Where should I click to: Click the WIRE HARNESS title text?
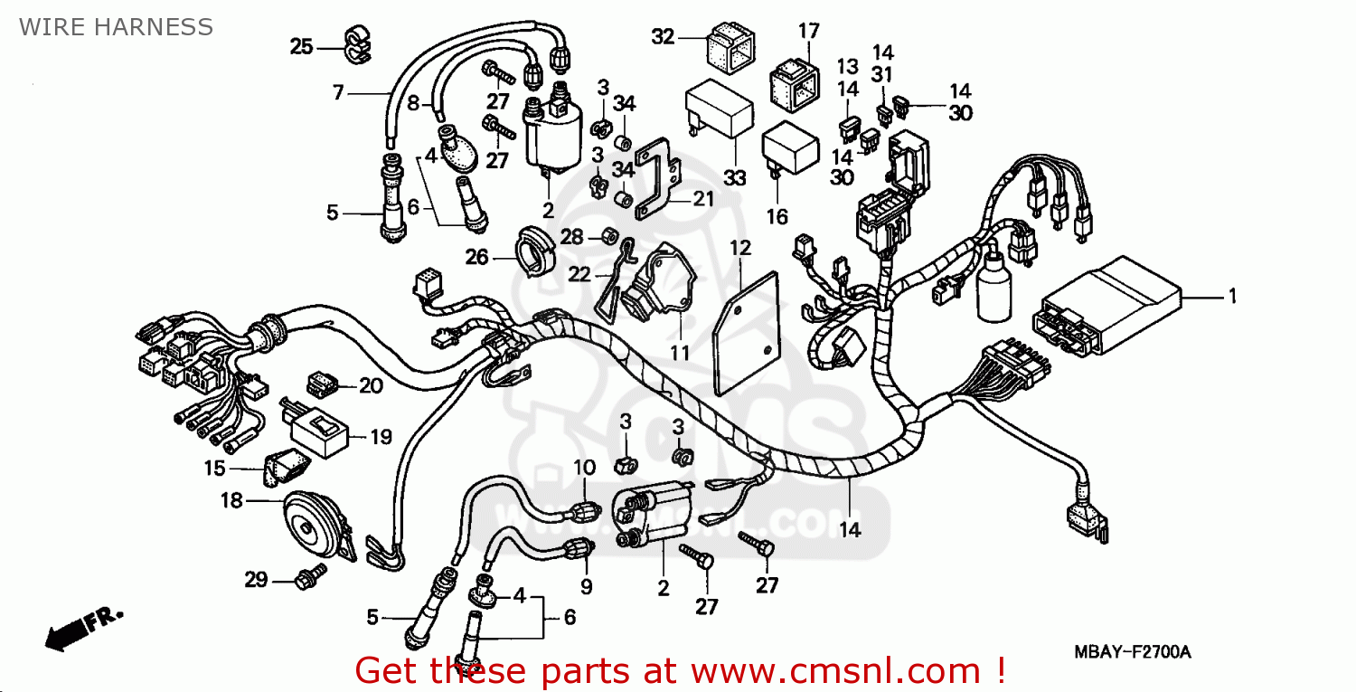point(116,27)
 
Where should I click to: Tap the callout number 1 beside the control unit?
point(1232,297)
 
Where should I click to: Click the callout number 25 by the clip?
point(301,47)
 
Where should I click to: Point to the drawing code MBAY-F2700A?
point(1133,652)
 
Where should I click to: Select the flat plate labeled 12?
point(746,334)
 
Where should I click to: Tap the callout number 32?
point(663,37)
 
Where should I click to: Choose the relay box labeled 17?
point(795,85)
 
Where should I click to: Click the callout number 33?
point(734,178)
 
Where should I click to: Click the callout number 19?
point(381,437)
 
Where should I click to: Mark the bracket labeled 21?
point(658,178)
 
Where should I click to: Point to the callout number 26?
point(476,257)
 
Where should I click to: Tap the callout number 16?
point(777,217)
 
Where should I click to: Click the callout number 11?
point(680,353)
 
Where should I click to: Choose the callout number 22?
point(579,274)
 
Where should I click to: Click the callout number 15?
point(214,469)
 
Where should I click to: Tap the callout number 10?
point(585,468)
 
